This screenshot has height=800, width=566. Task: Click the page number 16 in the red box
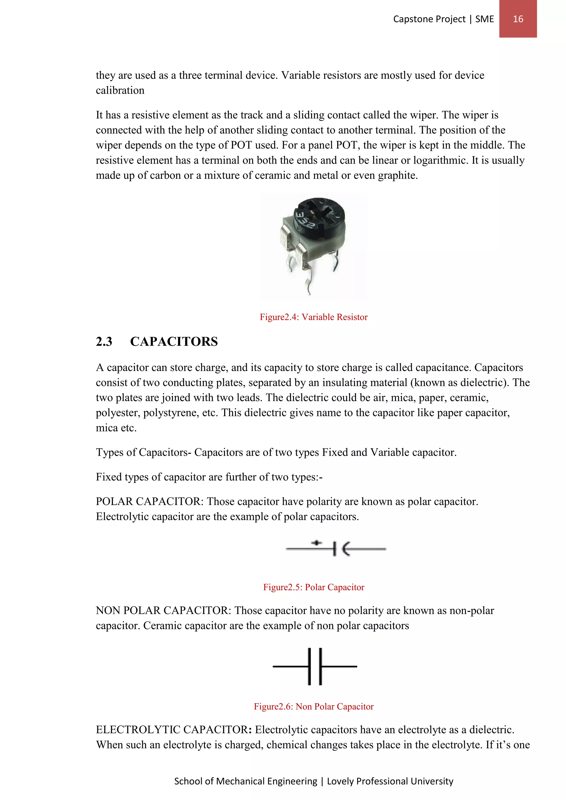point(518,19)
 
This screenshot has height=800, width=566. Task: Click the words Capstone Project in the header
point(429,19)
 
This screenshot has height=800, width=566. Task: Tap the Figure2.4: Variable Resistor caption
point(313,317)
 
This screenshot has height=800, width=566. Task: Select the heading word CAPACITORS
point(174,341)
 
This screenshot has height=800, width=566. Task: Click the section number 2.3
point(104,341)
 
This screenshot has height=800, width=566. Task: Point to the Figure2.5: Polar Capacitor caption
point(313,588)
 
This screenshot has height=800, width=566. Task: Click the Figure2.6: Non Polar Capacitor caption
point(313,707)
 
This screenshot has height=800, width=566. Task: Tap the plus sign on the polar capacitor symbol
point(316,543)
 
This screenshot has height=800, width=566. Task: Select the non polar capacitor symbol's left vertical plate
point(310,667)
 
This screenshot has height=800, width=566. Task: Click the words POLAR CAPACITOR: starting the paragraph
point(150,502)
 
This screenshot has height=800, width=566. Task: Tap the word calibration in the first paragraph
point(120,91)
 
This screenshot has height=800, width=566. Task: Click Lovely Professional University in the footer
point(390,781)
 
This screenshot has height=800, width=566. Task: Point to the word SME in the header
point(484,19)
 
